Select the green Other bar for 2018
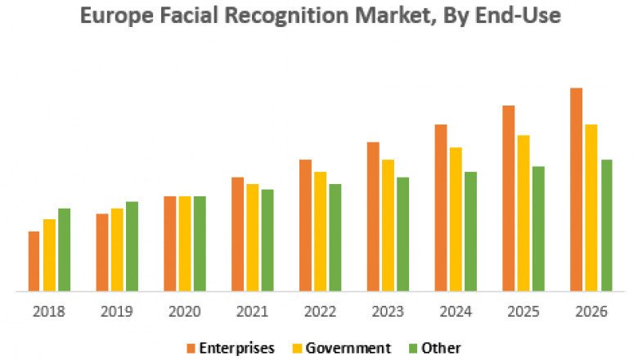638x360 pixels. (x=64, y=250)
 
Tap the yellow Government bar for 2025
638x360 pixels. (x=523, y=213)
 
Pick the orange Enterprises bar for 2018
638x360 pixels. (x=34, y=261)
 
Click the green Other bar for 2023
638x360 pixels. (x=402, y=234)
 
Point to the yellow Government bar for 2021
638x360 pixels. (x=252, y=237)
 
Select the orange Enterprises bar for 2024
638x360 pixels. (x=440, y=208)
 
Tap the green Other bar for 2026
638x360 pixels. (x=606, y=225)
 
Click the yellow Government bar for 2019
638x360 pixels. (x=117, y=250)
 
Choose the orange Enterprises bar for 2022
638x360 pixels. (x=305, y=225)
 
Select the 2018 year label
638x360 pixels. (x=49, y=311)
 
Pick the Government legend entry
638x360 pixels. (x=348, y=348)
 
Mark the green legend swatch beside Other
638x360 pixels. (x=412, y=348)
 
